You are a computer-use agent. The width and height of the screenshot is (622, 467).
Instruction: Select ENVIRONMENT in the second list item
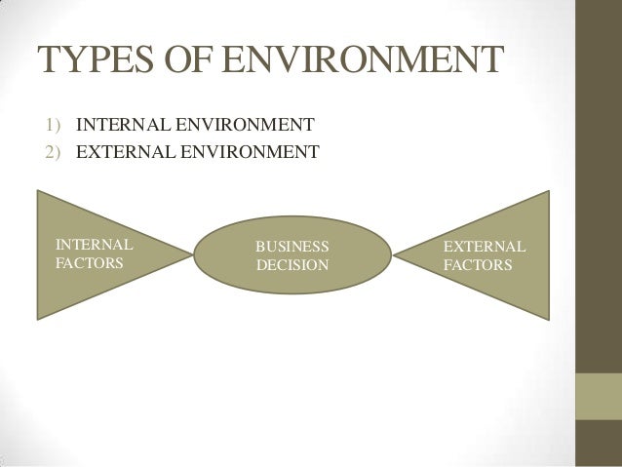pyautogui.click(x=252, y=152)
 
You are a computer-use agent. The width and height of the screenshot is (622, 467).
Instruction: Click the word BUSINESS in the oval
pyautogui.click(x=292, y=246)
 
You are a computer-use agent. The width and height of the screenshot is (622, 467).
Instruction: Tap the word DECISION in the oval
pyautogui.click(x=292, y=264)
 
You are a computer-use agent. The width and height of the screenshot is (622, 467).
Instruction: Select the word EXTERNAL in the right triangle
pyautogui.click(x=484, y=246)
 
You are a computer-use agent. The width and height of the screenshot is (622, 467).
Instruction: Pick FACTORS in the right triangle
pyautogui.click(x=478, y=264)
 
